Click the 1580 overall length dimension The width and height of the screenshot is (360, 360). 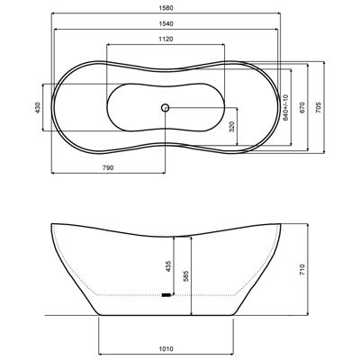click(x=166, y=8)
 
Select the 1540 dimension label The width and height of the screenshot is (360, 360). click(x=166, y=24)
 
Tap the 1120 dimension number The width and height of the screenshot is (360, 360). click(x=166, y=40)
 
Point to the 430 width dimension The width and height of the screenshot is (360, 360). click(x=38, y=107)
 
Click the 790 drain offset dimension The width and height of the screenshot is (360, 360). click(x=108, y=168)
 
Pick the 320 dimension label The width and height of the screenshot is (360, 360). click(x=232, y=127)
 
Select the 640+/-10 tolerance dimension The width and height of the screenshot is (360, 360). click(x=285, y=107)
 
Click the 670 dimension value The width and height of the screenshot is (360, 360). click(x=302, y=107)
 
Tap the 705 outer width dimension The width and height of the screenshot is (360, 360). click(x=319, y=107)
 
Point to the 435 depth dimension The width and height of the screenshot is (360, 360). click(x=168, y=265)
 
